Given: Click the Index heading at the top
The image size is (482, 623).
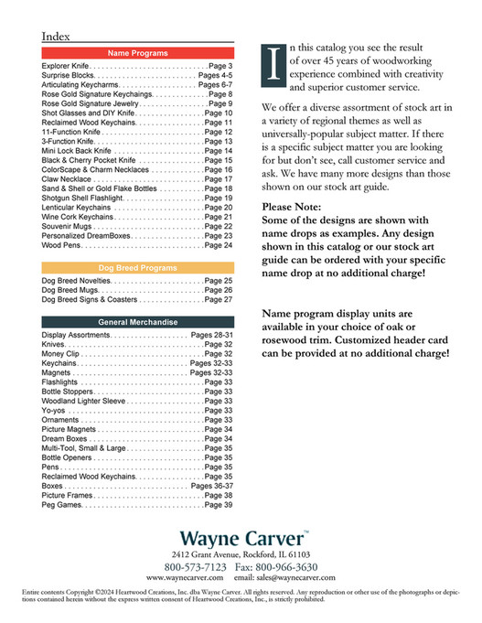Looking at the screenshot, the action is click(58, 36).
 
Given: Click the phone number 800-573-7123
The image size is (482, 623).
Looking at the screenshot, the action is click(196, 567).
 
